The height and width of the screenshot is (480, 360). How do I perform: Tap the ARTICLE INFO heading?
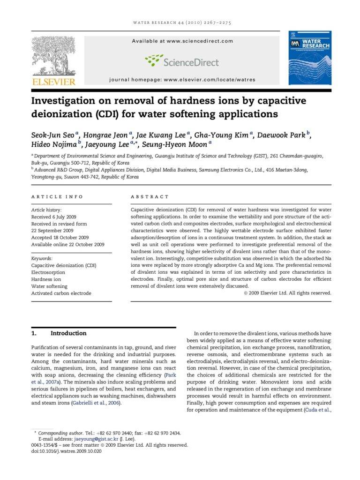coord(57,197)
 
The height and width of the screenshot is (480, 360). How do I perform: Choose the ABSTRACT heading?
coord(150,197)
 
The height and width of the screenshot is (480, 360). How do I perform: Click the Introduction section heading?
coord(68,333)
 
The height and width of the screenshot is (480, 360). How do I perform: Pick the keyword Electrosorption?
coord(48,272)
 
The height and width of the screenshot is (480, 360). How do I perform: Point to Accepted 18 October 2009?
coord(60,238)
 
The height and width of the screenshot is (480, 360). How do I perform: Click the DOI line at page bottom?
coord(66,451)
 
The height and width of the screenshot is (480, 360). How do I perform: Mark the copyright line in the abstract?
coord(287,293)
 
